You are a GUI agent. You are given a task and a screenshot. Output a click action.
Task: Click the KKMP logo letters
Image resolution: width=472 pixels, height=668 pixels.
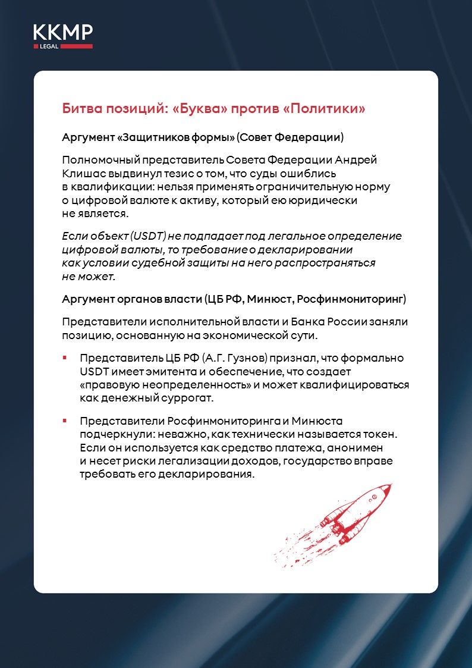click(62, 32)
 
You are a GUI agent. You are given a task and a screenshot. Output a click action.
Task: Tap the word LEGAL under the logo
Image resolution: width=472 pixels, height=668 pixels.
click(49, 46)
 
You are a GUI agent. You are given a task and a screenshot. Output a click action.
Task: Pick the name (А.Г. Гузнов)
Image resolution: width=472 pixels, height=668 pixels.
click(238, 359)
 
